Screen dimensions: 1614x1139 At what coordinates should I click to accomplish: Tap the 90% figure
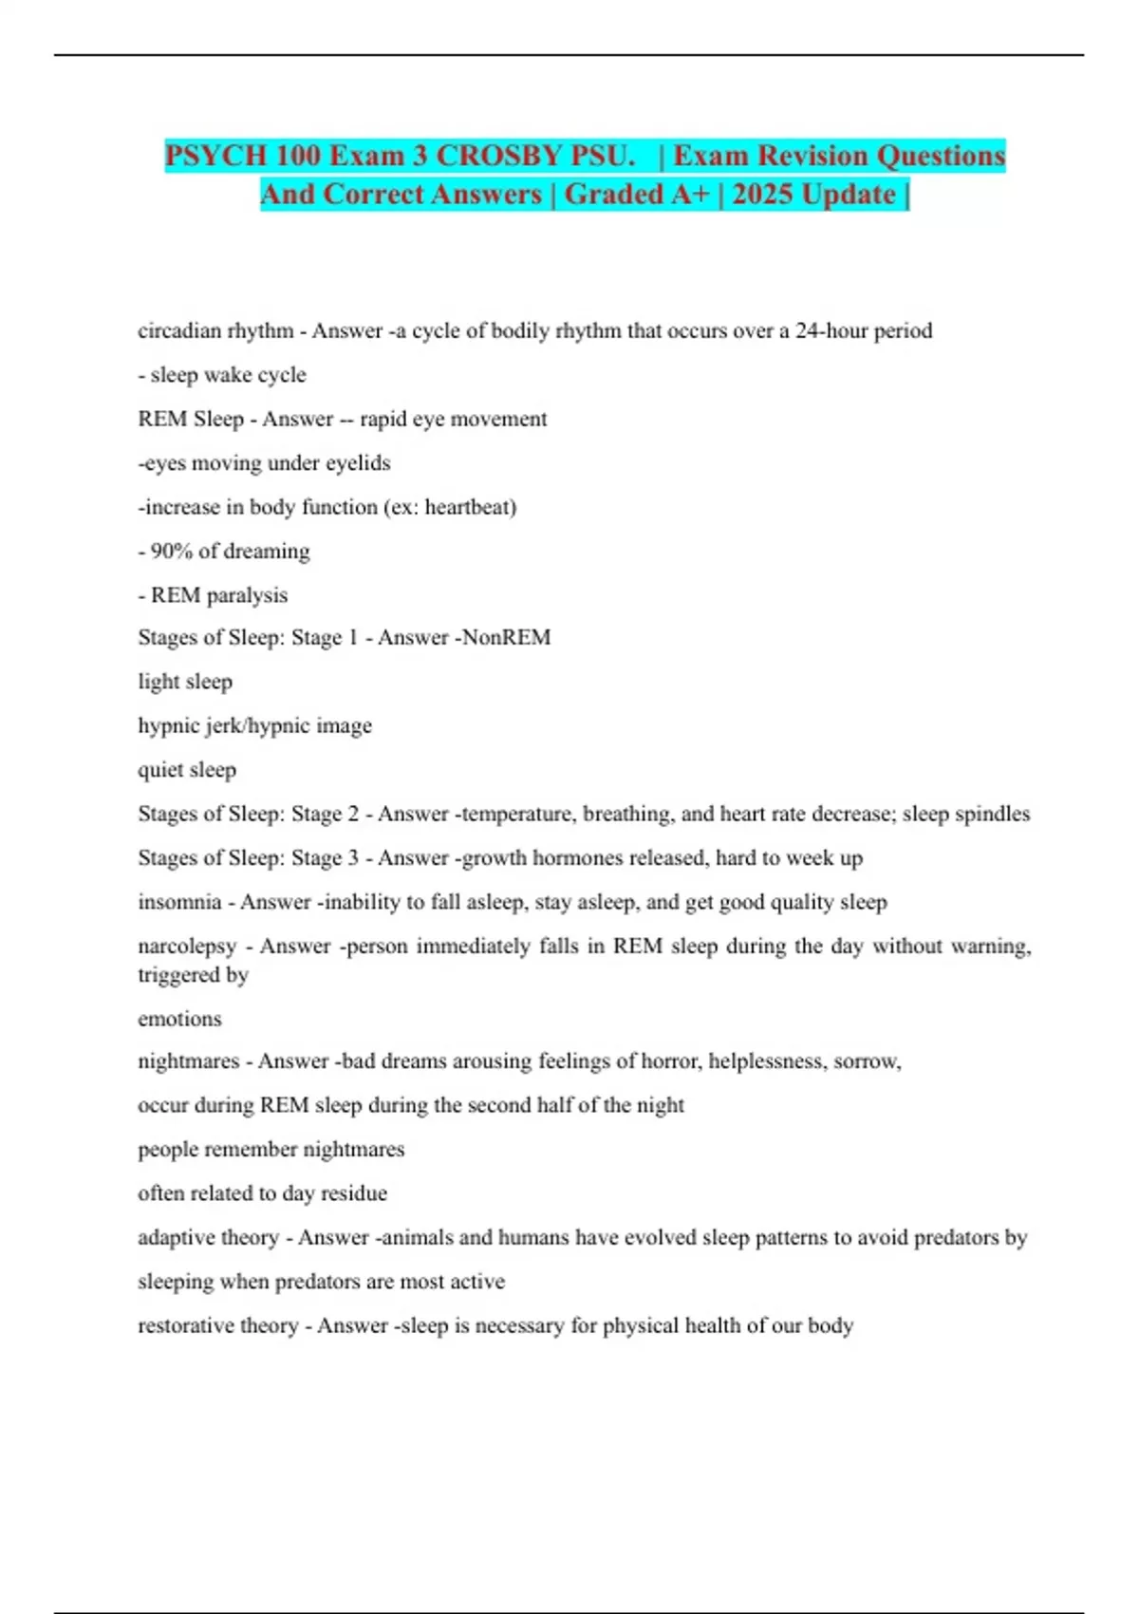coord(172,552)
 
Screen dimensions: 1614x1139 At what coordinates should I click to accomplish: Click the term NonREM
coord(506,637)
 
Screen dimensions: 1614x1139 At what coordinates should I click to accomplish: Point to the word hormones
coord(574,858)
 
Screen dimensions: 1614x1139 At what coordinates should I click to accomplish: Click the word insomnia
coord(179,902)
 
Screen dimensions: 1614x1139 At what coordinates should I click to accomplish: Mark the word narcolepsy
coord(187,947)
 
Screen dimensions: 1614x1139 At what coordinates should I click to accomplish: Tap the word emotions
coord(179,1019)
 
